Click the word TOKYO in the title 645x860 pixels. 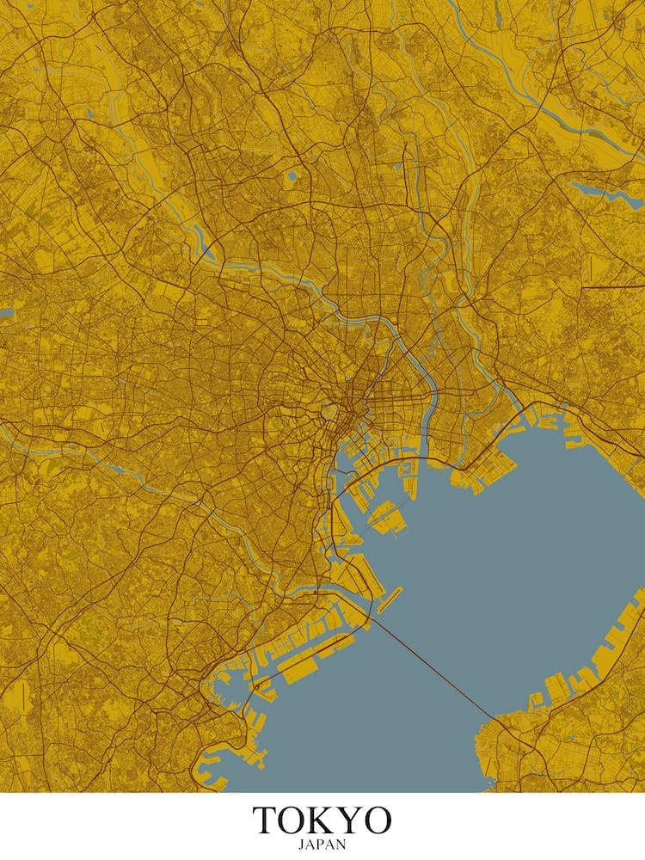[x=322, y=820]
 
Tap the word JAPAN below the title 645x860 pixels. [x=322, y=845]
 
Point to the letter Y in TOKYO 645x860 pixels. [x=348, y=820]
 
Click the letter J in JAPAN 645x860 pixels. [x=301, y=845]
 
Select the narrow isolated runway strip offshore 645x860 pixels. [x=389, y=599]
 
